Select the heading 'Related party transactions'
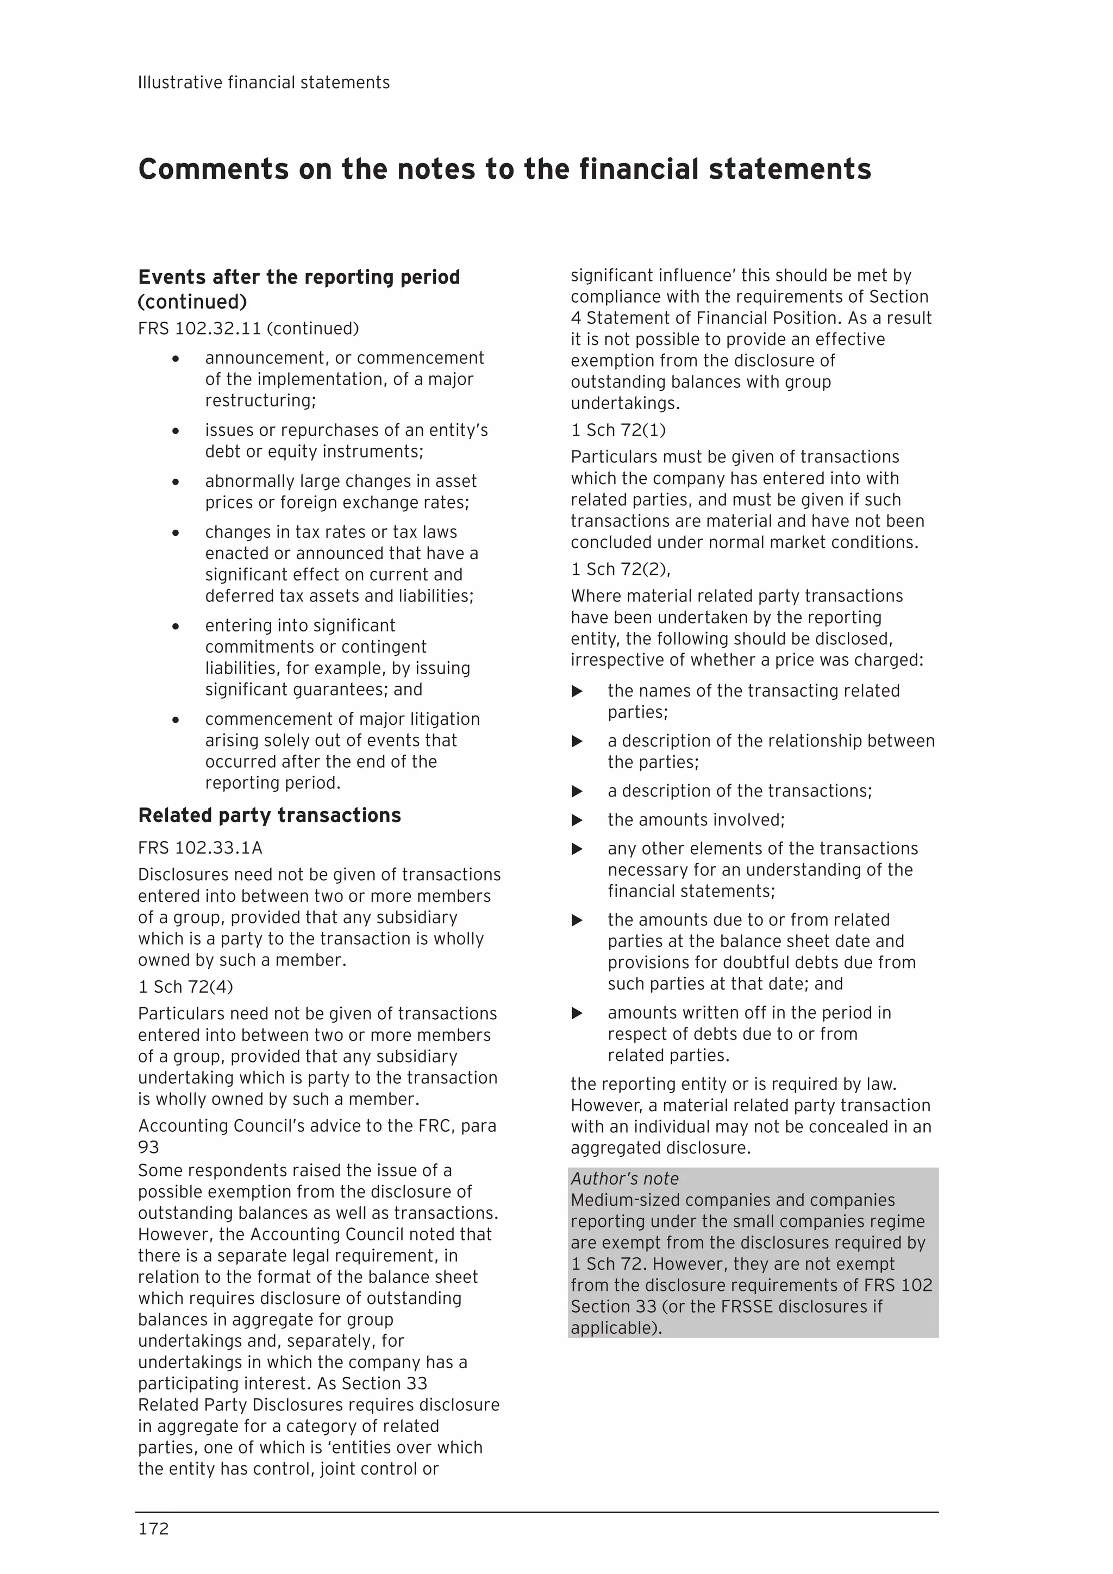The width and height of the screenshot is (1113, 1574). coord(269,815)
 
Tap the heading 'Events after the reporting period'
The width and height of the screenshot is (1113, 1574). coord(298,277)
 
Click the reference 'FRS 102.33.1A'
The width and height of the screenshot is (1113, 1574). coord(199,848)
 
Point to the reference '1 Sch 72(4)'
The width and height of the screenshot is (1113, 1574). coord(185,987)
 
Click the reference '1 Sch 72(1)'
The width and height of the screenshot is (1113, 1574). coord(618,430)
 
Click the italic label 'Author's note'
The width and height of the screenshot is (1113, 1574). coord(624,1178)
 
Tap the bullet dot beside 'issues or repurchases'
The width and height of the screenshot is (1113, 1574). coord(176,431)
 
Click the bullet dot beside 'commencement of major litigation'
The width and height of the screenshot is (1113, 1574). coord(176,720)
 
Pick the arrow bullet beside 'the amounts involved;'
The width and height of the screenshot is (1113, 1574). coord(577,820)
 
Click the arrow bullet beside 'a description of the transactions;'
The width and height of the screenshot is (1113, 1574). coord(577,791)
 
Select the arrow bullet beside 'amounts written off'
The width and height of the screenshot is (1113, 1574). coord(577,1013)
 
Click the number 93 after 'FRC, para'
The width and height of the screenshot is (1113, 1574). coord(148,1147)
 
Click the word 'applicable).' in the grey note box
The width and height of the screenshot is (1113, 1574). coord(616,1328)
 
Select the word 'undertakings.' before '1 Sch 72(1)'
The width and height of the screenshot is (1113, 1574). coord(625,403)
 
